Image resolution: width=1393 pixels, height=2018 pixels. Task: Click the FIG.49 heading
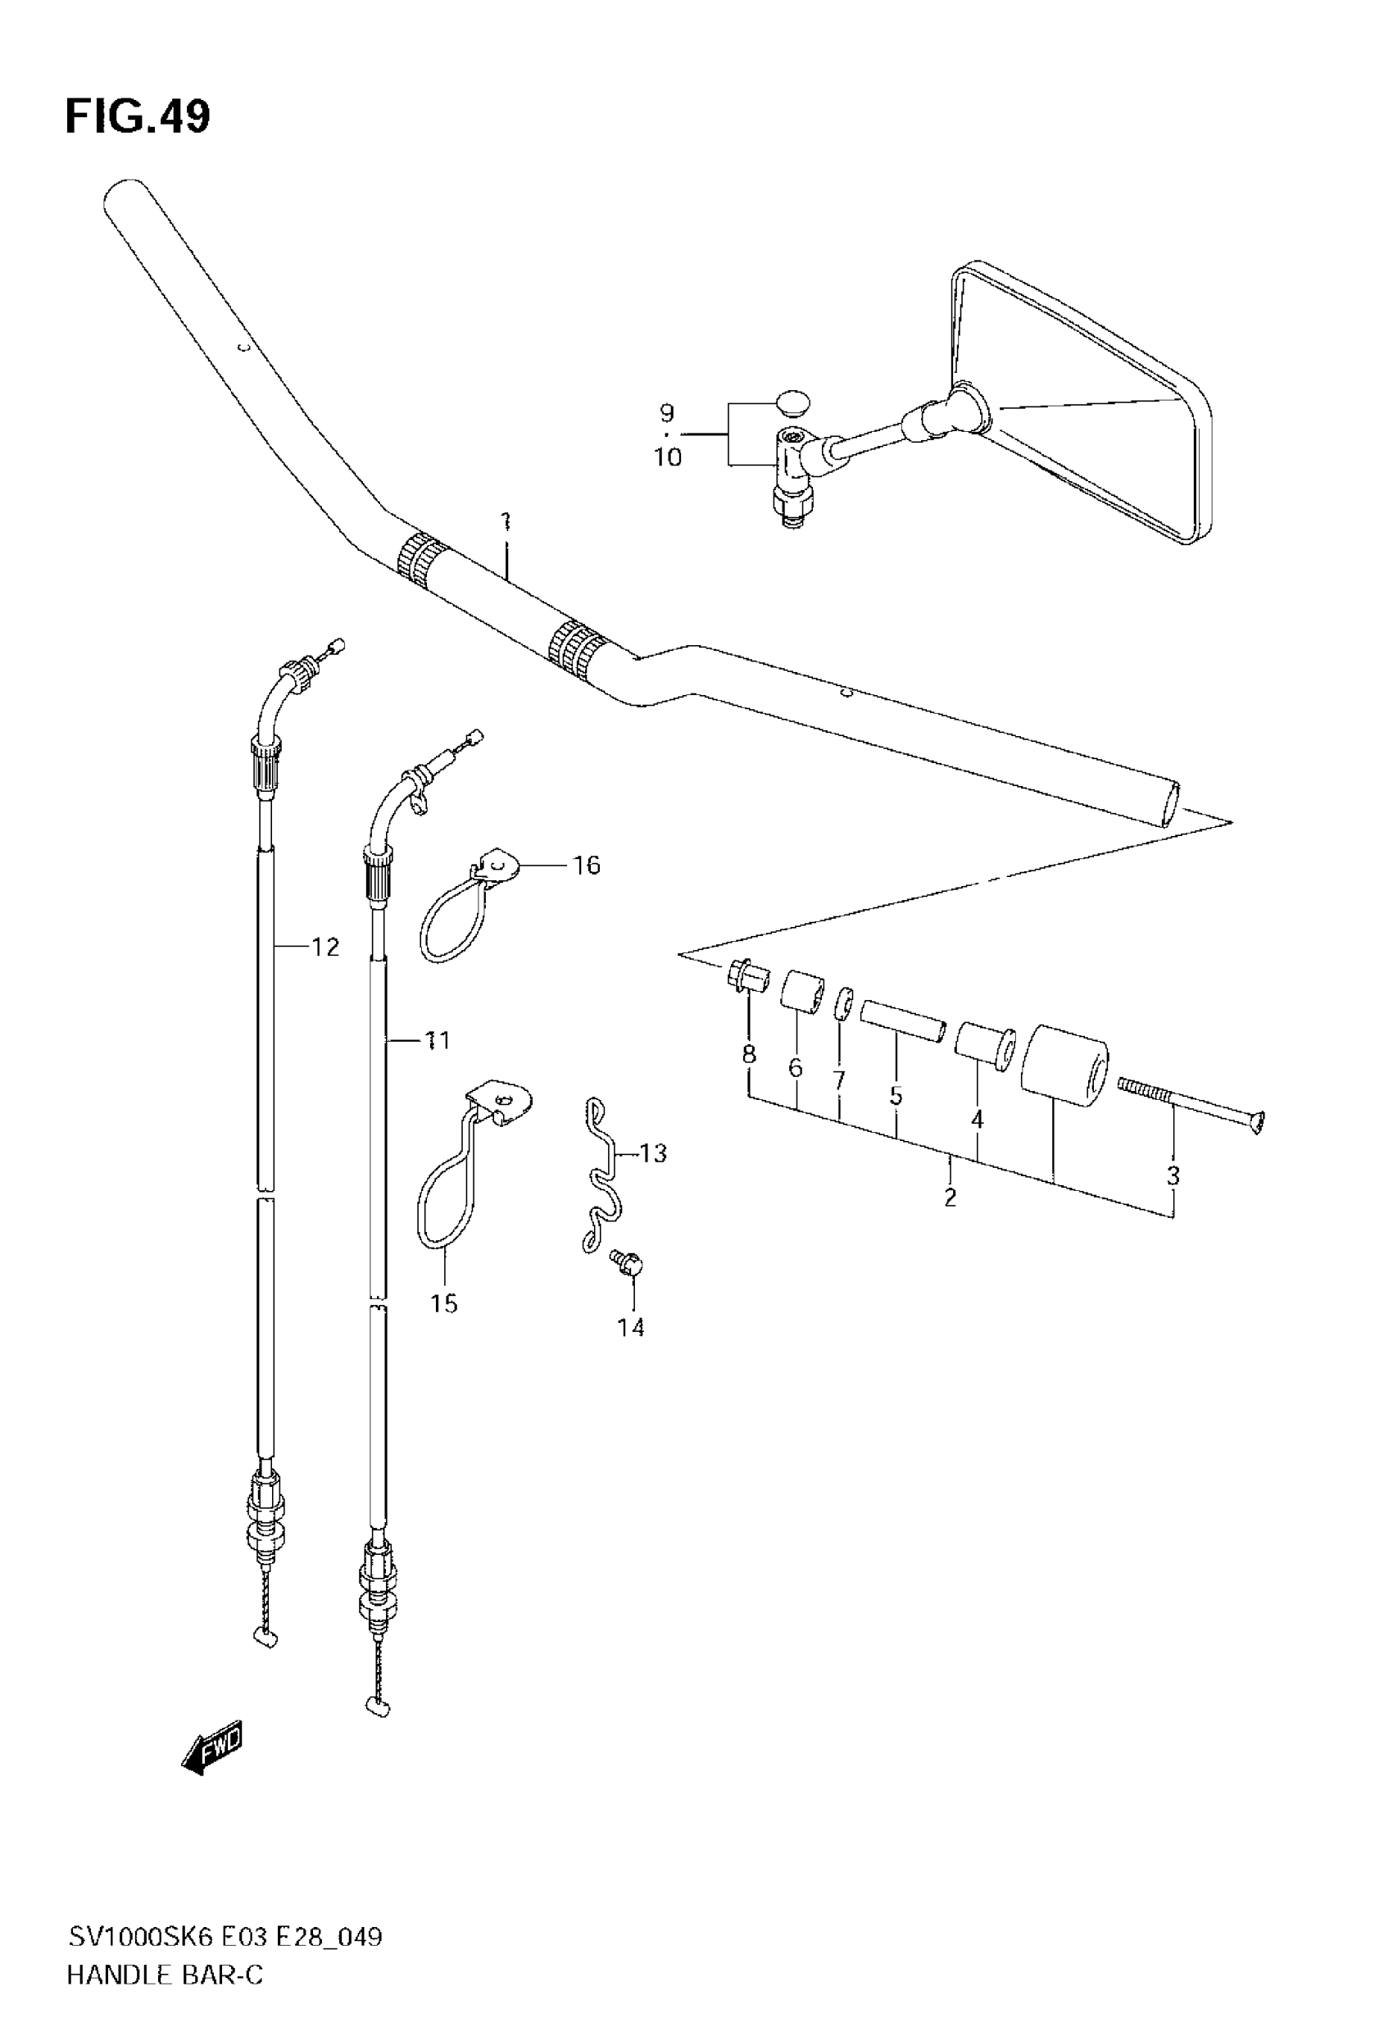(x=138, y=117)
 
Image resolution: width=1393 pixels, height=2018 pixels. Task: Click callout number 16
(x=587, y=865)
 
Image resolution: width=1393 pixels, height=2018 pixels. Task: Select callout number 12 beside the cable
(x=325, y=946)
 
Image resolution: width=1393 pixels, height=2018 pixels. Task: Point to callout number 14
(x=630, y=1328)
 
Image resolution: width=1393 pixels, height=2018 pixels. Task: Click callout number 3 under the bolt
(x=1173, y=1175)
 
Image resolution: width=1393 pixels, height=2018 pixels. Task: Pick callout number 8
(x=749, y=1054)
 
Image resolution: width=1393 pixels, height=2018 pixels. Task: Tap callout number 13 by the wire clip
(x=653, y=1153)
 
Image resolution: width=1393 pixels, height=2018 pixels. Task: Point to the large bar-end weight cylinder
(x=1064, y=1066)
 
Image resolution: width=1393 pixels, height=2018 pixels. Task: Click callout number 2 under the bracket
(x=951, y=1197)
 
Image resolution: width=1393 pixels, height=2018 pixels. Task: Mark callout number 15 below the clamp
(x=443, y=1303)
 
